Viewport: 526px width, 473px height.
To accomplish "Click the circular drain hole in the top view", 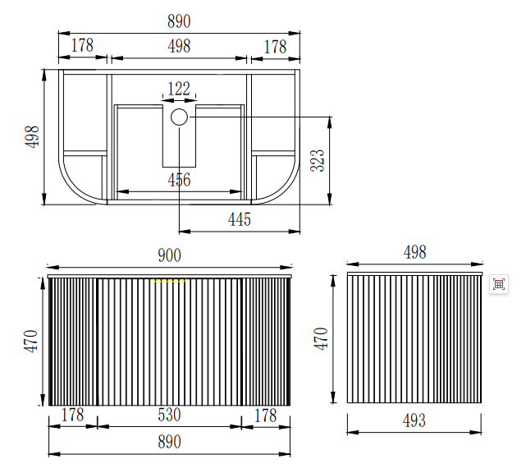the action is point(179,117).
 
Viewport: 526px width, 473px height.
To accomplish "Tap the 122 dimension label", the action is point(179,89).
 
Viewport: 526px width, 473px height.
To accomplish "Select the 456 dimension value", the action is point(179,180).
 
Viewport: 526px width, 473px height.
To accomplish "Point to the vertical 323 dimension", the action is point(318,161).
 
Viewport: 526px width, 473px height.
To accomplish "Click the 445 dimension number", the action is point(240,219).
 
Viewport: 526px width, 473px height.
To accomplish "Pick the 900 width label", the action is point(169,255).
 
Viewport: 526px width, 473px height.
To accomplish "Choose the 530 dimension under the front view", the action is point(169,415).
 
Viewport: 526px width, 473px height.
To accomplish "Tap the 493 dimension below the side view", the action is point(414,420).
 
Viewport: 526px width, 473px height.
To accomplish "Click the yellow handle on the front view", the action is point(169,280).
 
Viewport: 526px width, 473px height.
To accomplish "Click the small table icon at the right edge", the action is point(499,284).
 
